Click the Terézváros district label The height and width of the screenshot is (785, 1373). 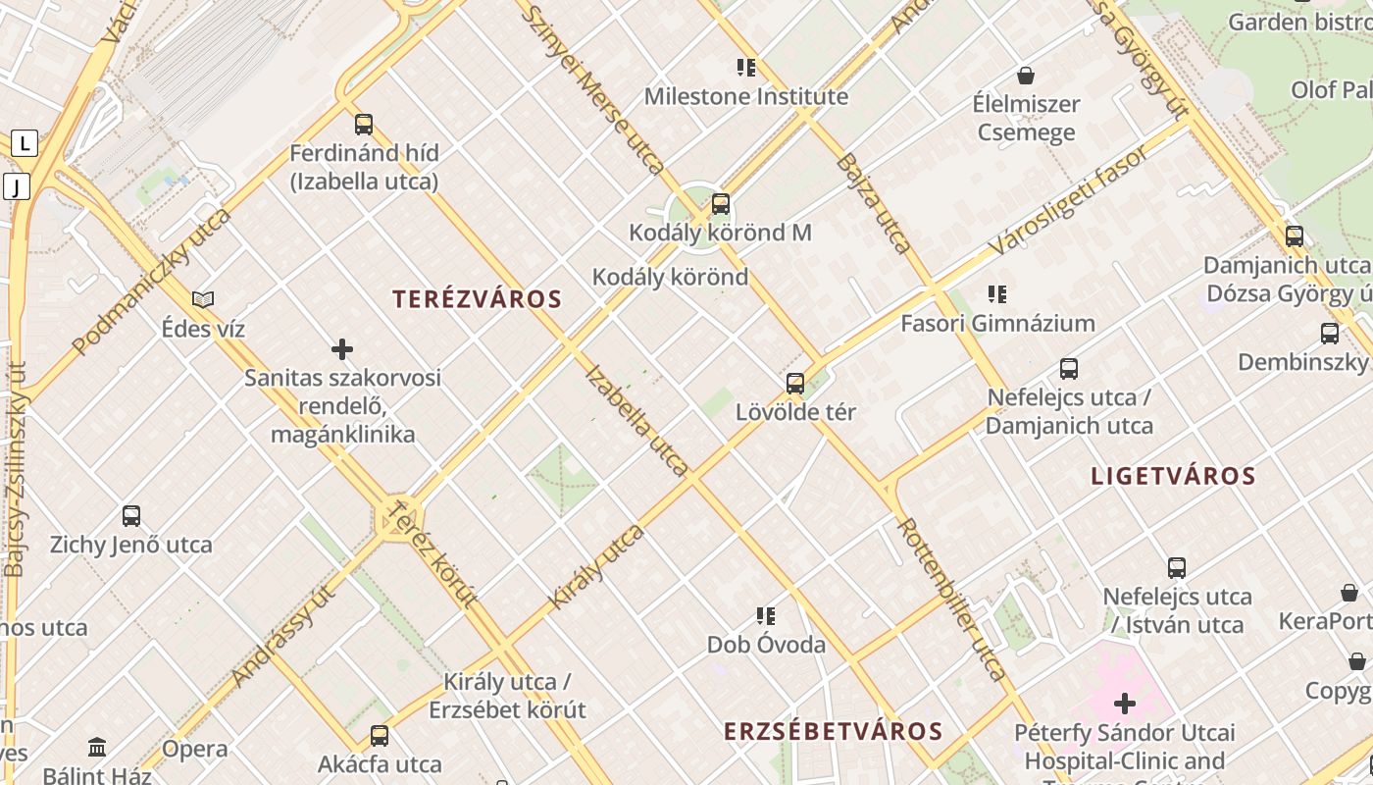tap(477, 299)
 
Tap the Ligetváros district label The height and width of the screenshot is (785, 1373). tap(1173, 477)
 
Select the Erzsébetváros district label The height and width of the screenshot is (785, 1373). tap(833, 731)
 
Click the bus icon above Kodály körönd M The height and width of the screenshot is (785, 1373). tap(721, 204)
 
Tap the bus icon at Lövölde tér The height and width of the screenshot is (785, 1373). tap(795, 383)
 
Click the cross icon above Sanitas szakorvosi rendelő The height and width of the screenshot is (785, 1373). tap(342, 349)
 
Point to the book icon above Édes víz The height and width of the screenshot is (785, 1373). tap(203, 299)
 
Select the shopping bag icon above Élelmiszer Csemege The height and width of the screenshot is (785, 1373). tap(1026, 76)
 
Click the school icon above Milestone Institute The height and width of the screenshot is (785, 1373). tap(746, 68)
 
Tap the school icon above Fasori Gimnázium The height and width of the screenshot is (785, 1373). tap(997, 294)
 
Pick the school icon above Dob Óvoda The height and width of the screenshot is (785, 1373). tap(766, 616)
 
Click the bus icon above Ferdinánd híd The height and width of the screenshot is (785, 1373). tap(364, 125)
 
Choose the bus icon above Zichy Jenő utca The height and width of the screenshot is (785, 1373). tap(131, 516)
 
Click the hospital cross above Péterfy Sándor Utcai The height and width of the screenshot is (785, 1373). tap(1125, 704)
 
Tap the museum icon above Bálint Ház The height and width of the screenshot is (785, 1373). tap(97, 748)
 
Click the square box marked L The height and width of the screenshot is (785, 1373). tap(25, 144)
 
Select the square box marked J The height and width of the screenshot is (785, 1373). tap(17, 186)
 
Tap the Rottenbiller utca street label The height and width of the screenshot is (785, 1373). tap(951, 599)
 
